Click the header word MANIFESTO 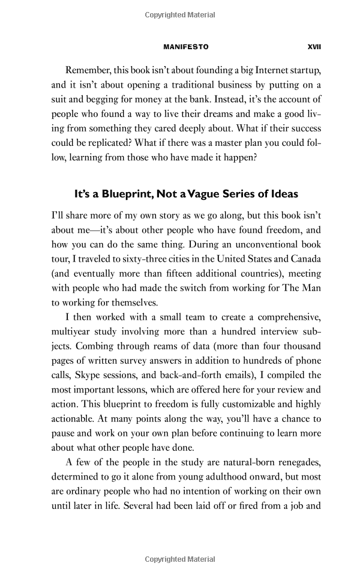click(x=186, y=46)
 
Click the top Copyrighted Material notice click(x=180, y=15)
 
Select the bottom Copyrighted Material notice click(x=180, y=559)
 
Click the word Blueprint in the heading click(x=123, y=194)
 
